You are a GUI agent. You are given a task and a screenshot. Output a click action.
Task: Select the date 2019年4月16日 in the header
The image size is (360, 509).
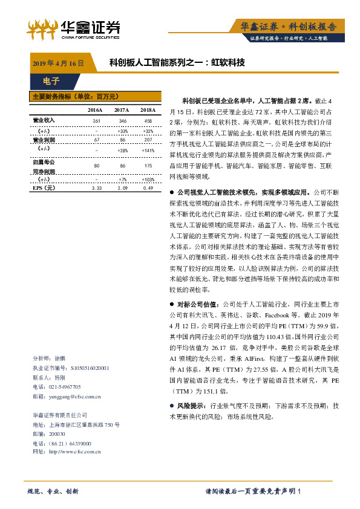(x=57, y=63)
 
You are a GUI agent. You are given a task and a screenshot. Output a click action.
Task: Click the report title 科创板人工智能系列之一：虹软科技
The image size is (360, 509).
(x=177, y=62)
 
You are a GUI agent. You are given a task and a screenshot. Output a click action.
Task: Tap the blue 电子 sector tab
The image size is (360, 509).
(x=51, y=80)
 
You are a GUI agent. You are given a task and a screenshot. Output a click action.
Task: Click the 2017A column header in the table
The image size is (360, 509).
(x=122, y=110)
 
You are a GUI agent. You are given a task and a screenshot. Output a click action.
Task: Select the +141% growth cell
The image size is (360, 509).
(x=148, y=149)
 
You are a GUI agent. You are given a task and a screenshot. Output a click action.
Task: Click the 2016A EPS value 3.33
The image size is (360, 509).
(x=96, y=189)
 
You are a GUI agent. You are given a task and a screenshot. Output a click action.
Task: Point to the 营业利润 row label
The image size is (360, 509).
(x=43, y=140)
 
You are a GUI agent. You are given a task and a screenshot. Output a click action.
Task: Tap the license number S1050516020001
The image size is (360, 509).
(x=90, y=368)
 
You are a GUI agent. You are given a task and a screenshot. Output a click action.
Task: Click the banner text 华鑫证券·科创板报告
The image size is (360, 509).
(x=284, y=27)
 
